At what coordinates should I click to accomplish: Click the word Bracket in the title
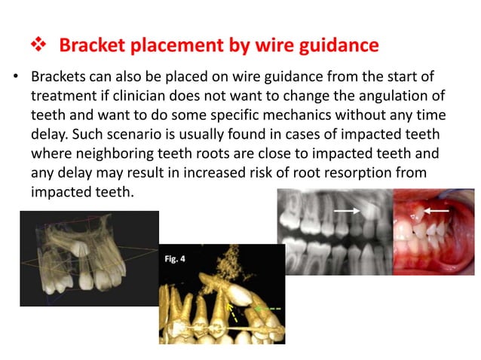(91, 46)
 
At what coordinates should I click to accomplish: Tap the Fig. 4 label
(175, 258)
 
